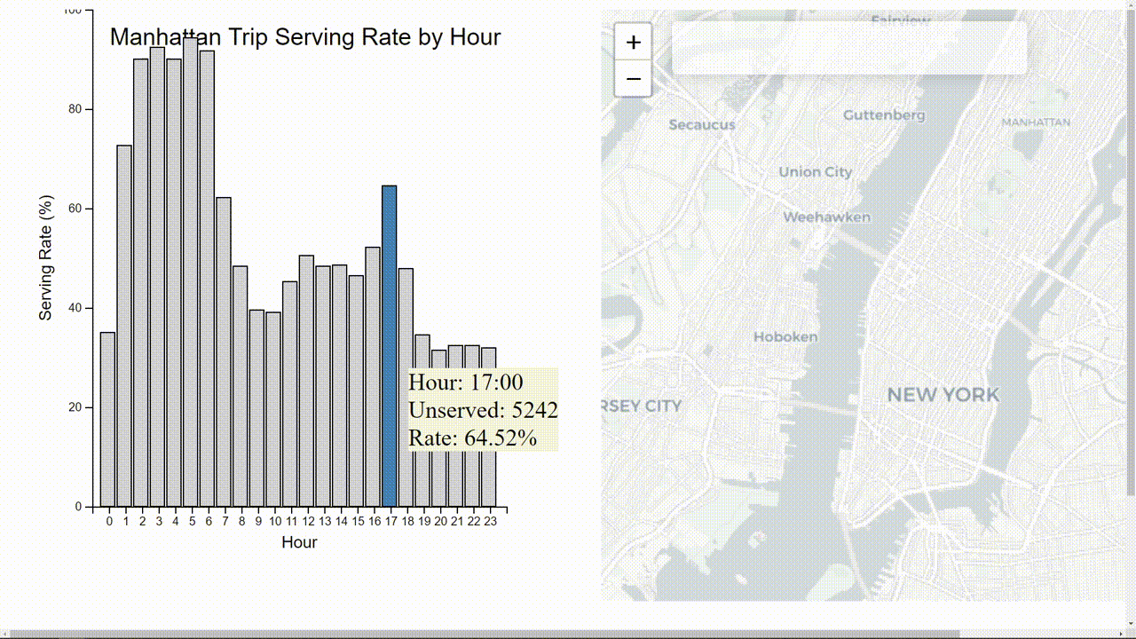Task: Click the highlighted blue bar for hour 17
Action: (x=389, y=346)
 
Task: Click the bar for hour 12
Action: (x=306, y=381)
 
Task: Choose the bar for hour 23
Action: (x=489, y=427)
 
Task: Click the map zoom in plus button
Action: (x=633, y=43)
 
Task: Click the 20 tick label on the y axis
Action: (x=76, y=407)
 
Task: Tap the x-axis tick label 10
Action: (x=274, y=522)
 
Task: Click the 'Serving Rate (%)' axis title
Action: (x=46, y=257)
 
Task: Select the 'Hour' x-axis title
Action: (x=299, y=542)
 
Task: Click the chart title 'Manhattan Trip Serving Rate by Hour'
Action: (x=304, y=37)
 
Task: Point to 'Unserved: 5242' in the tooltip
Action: (x=483, y=410)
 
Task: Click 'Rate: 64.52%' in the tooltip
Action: (x=472, y=438)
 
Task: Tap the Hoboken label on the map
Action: (x=785, y=337)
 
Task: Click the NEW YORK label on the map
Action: (x=943, y=395)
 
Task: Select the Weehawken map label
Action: (x=826, y=217)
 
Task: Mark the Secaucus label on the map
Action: (x=701, y=125)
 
